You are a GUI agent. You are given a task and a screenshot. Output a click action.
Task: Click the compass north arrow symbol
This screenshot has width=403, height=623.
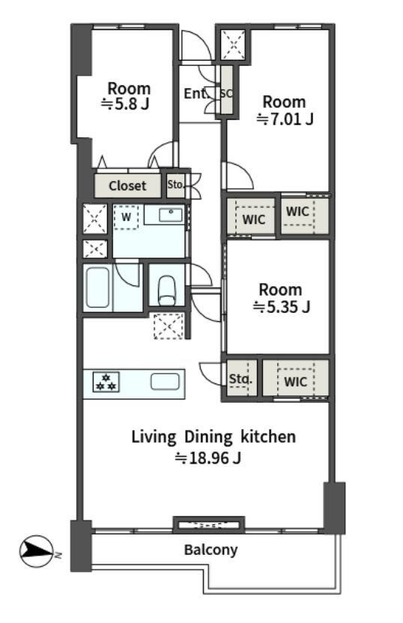click(37, 551)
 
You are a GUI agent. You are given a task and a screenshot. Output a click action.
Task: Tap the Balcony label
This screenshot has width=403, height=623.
click(210, 550)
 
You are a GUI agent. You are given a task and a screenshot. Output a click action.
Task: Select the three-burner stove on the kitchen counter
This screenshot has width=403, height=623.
click(106, 382)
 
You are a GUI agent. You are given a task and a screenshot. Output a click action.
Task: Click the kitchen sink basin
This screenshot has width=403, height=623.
click(165, 382)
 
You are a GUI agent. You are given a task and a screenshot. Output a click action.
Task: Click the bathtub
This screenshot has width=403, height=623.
click(98, 288)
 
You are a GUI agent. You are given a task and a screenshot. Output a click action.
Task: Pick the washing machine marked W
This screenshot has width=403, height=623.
click(126, 217)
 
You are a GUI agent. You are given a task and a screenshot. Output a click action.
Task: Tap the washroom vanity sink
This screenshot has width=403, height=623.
click(171, 216)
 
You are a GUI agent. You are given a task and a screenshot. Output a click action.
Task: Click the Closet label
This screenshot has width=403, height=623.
click(127, 186)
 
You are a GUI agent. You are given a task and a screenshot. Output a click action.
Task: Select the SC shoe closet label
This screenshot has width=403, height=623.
click(226, 94)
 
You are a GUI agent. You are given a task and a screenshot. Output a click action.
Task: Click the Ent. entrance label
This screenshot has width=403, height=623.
click(196, 94)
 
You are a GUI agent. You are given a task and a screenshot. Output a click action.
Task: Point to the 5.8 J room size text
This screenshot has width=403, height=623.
click(126, 104)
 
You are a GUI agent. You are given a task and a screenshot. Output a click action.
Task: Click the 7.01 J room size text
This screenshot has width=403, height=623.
click(285, 119)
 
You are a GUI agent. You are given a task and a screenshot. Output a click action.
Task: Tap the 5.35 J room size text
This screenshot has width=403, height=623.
click(282, 307)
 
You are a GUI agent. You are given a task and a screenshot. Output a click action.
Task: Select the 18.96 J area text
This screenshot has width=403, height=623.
click(208, 458)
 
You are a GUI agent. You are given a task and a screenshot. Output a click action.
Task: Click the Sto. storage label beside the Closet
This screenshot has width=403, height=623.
click(175, 184)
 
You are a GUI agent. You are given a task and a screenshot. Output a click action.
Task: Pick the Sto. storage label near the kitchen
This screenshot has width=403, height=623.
click(240, 379)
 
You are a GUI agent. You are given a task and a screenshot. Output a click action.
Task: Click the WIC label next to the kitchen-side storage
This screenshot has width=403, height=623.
click(296, 382)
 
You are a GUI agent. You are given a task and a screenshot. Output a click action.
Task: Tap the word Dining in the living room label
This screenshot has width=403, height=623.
click(209, 437)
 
